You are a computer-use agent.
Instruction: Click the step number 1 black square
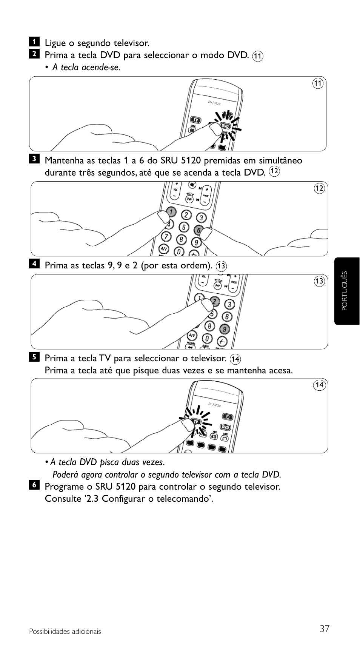point(34,41)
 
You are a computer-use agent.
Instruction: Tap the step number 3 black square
point(34,159)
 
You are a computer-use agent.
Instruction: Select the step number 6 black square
point(34,485)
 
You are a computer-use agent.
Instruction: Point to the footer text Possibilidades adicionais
point(65,632)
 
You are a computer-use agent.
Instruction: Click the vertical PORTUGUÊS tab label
point(344,291)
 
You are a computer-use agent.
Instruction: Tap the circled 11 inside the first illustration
point(318,83)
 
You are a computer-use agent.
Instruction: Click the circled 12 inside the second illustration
point(319,188)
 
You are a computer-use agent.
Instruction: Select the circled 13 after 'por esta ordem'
point(221,266)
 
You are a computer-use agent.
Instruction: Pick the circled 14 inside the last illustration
point(319,385)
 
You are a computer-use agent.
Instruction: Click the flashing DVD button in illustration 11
point(225,126)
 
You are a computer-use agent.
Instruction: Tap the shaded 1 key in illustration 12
point(171,212)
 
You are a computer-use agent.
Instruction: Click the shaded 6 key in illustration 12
point(198,230)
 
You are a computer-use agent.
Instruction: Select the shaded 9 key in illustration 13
point(225,329)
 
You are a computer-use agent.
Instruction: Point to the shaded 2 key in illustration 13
point(215,301)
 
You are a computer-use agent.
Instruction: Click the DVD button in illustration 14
point(225,427)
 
